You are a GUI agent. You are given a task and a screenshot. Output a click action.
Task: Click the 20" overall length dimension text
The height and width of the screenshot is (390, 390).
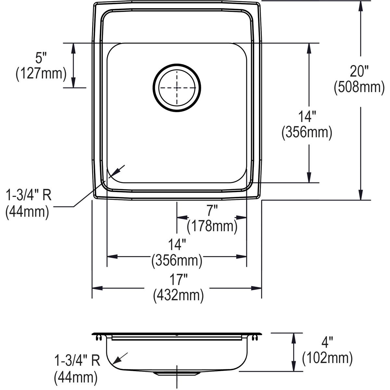(x=359, y=71)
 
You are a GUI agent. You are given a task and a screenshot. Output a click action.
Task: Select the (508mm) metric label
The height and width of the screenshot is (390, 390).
(x=359, y=87)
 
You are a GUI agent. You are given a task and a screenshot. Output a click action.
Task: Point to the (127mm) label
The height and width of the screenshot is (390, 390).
(x=41, y=74)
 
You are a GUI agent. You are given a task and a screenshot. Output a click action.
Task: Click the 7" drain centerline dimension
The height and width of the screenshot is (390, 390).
(x=212, y=211)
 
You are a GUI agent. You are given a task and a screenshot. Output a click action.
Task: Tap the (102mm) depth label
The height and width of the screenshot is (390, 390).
(x=327, y=358)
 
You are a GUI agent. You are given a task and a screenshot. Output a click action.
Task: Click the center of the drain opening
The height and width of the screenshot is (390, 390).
(x=177, y=88)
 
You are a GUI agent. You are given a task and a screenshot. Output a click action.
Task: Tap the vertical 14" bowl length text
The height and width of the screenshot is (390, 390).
(x=307, y=117)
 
